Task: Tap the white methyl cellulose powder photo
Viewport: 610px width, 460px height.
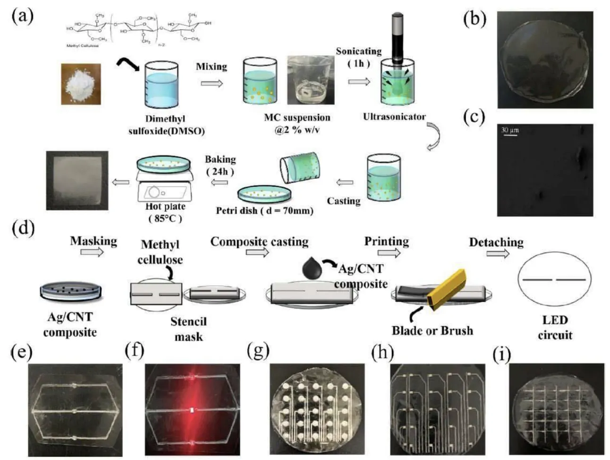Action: [81, 84]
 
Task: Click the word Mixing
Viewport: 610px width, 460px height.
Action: [211, 67]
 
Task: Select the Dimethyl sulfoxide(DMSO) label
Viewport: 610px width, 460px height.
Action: [166, 125]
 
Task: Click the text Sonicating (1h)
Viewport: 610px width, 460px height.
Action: [358, 57]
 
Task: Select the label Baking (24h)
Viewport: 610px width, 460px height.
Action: [220, 165]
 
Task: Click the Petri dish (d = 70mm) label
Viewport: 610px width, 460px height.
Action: [264, 210]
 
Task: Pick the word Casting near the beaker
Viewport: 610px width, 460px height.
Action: [343, 201]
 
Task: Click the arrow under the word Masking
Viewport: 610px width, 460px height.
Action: [92, 252]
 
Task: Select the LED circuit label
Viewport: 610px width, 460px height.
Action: [555, 328]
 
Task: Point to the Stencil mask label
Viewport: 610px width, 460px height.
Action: [188, 329]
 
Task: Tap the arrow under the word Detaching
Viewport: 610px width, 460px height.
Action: [498, 254]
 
